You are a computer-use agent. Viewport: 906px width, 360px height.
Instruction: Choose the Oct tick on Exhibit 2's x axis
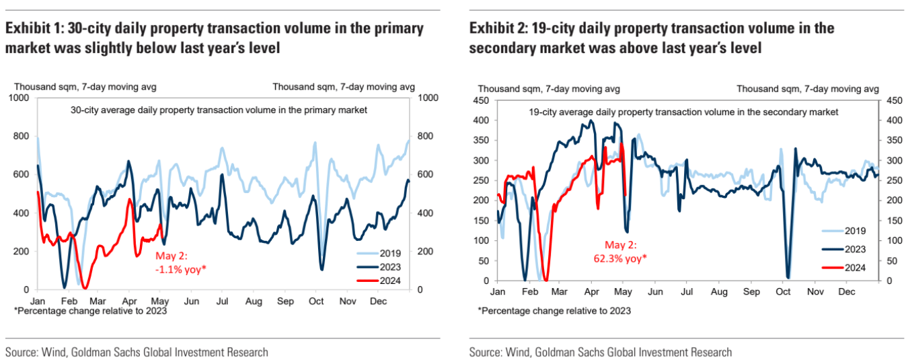click(x=783, y=293)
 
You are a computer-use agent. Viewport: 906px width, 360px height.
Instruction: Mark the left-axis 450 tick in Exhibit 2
click(x=482, y=101)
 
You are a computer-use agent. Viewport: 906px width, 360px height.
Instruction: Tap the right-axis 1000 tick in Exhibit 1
click(x=429, y=98)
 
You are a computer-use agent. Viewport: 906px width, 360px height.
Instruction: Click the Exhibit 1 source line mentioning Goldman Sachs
click(x=137, y=352)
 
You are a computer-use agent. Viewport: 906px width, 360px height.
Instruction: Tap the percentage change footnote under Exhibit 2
click(x=554, y=311)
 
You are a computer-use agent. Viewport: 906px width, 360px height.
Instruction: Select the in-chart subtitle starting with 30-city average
click(x=219, y=110)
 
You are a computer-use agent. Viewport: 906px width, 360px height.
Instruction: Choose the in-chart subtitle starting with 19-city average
click(x=683, y=112)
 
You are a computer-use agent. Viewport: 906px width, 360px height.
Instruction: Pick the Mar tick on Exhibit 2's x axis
click(x=560, y=293)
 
